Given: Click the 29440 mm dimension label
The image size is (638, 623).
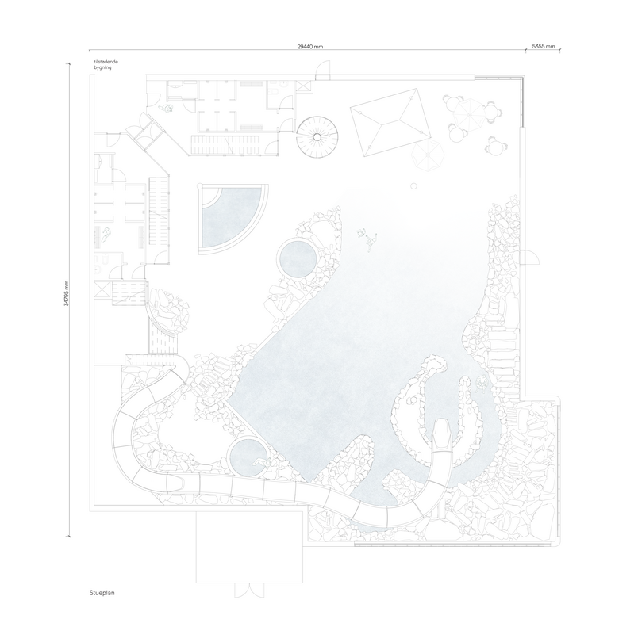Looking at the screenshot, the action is tap(309, 47).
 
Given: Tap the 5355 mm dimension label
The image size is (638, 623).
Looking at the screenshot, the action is tap(544, 46).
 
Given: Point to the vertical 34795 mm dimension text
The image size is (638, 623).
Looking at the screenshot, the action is tap(67, 293).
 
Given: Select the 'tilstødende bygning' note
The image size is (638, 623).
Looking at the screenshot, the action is tap(106, 65).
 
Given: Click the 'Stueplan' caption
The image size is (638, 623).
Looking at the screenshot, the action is tap(102, 593).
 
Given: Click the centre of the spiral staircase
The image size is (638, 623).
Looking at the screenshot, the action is tap(317, 137).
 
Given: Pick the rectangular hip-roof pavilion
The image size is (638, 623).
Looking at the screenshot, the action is tap(390, 122).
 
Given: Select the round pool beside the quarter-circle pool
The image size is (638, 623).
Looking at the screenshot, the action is tap(296, 258).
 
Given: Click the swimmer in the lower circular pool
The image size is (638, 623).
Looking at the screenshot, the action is tap(260, 462).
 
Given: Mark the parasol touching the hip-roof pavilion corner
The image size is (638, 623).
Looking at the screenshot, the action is tap(426, 155).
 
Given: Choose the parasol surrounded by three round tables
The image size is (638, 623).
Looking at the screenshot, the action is tap(469, 115).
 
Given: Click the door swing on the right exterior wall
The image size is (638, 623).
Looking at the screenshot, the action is tap(530, 258).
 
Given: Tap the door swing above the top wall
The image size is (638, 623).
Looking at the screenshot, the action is tap(323, 69).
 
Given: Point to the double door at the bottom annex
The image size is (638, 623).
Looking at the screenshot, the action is tap(249, 591).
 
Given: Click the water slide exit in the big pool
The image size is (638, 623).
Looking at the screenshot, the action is tap(441, 435).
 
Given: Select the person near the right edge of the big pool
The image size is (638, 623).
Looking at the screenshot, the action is tap(482, 383).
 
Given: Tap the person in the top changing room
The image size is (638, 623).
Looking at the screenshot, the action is tap(167, 108).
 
